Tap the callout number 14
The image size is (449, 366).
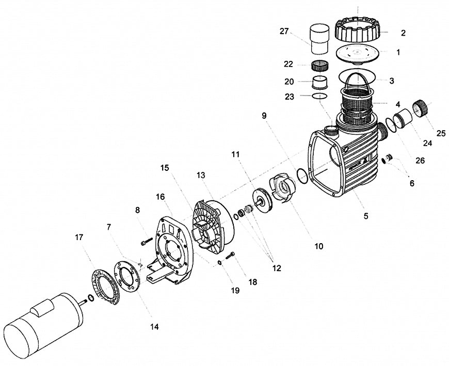(154, 326)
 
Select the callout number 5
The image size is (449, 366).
(365, 216)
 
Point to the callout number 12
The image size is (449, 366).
(277, 268)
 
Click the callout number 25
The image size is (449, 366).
(441, 133)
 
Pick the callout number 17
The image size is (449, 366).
(78, 238)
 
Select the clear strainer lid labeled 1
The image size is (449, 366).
(358, 53)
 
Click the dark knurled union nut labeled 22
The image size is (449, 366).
(321, 66)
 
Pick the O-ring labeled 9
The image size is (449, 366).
(302, 175)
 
